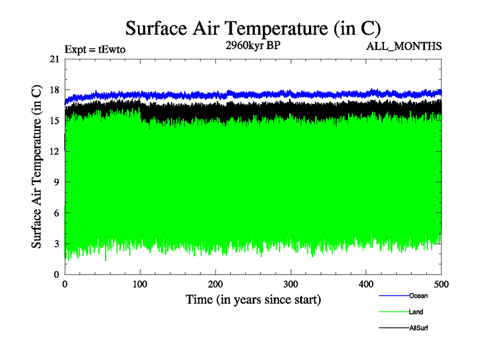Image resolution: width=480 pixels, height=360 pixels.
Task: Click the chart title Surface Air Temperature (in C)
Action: pos(253,28)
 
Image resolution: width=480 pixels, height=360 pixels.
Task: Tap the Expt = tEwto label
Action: pos(95,50)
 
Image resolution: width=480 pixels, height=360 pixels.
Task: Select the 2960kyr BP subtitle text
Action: pos(252,47)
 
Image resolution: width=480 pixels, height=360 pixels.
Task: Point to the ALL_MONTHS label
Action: pos(406,46)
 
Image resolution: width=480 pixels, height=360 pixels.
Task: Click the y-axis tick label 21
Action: pos(54,59)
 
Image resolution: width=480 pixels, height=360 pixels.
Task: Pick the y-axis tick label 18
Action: pos(54,90)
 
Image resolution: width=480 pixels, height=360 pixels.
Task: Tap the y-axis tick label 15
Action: pos(54,121)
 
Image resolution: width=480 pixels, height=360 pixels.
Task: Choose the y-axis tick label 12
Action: pos(54,151)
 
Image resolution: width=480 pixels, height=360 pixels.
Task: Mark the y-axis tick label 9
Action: pos(56,182)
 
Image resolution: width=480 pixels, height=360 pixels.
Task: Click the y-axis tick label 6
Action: pos(56,213)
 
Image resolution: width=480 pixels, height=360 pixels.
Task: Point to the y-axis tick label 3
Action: pos(56,244)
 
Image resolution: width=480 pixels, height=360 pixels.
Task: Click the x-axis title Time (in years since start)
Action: pos(253,299)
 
